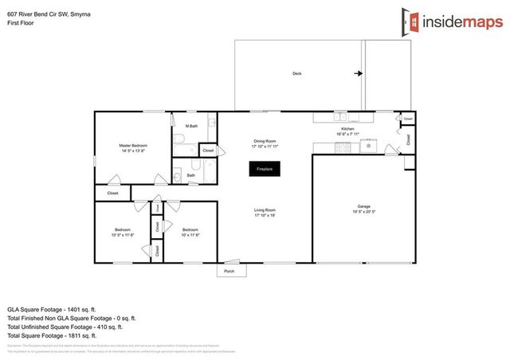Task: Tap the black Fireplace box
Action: (264, 169)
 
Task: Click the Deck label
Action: (296, 73)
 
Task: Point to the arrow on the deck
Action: (359, 73)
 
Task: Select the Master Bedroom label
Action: (133, 145)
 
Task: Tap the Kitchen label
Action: (347, 129)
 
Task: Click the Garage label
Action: (363, 205)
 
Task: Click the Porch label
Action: (229, 271)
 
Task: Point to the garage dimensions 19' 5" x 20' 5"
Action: (363, 212)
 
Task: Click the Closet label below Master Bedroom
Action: (112, 193)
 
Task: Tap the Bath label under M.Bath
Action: (191, 176)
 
